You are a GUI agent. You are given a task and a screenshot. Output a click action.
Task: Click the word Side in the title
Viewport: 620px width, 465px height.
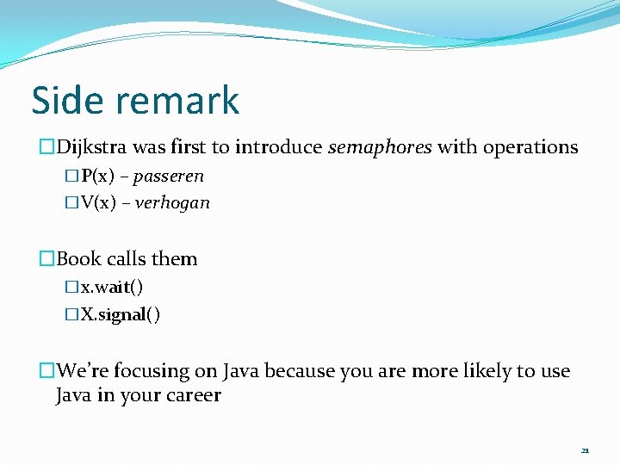[x=68, y=100]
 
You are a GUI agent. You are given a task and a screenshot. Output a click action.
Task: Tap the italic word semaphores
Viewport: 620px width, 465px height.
[x=380, y=147]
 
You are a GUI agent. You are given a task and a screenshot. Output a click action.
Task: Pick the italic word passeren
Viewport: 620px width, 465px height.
[x=169, y=177]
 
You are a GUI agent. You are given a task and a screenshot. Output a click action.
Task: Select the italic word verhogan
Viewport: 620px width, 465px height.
[x=172, y=203]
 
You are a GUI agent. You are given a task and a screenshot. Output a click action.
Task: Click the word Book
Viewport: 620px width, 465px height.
[x=79, y=259]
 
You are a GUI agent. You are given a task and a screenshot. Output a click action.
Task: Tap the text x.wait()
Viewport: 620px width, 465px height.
[x=111, y=288]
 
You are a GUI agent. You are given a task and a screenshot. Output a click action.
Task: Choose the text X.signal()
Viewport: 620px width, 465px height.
[x=120, y=314]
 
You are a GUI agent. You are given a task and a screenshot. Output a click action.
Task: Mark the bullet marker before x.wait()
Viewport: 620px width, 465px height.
[x=71, y=288]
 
